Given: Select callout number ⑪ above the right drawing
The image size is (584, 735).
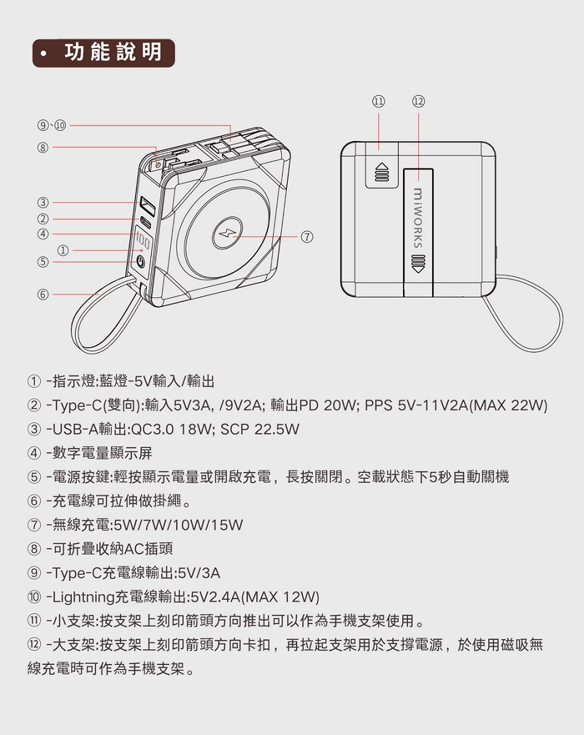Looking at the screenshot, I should pyautogui.click(x=378, y=101).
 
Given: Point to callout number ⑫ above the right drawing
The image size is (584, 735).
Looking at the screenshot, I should pyautogui.click(x=418, y=101).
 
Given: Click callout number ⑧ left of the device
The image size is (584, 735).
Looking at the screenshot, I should pyautogui.click(x=44, y=148).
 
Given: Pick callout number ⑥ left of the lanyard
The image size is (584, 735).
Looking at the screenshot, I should pyautogui.click(x=44, y=294).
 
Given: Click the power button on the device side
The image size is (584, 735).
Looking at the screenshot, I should pyautogui.click(x=142, y=262).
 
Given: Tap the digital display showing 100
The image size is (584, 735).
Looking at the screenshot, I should pyautogui.click(x=142, y=242).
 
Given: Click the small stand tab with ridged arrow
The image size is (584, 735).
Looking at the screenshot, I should pyautogui.click(x=381, y=169).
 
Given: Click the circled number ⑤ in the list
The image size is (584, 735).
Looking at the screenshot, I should pyautogui.click(x=34, y=477).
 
